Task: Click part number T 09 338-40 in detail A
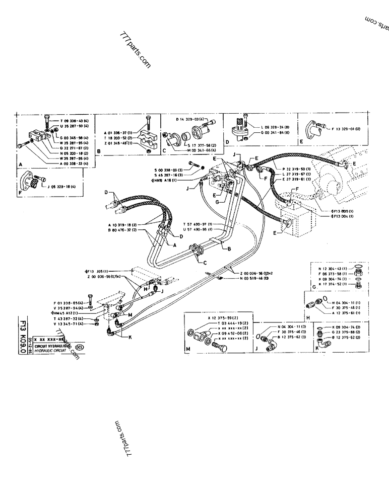coord(75,121)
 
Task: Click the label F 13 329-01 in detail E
coord(348,129)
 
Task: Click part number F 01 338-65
coord(69,303)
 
